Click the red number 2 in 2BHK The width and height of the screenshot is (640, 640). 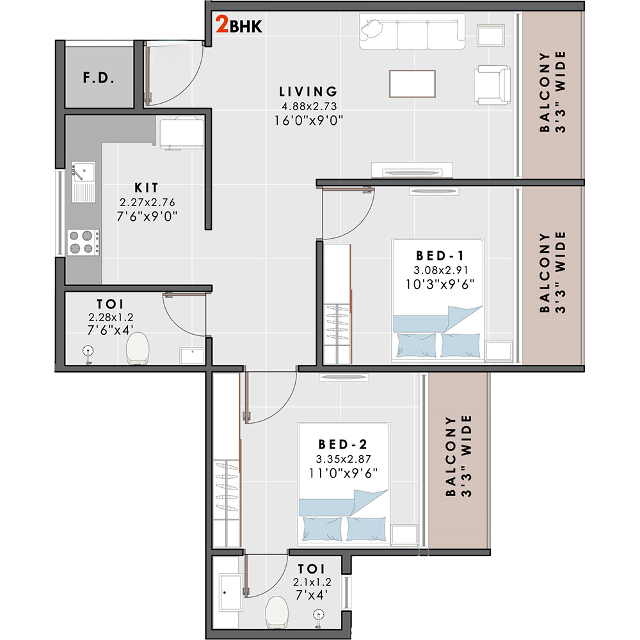click(222, 24)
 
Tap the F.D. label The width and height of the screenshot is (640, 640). click(99, 77)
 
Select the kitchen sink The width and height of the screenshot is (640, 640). click(83, 182)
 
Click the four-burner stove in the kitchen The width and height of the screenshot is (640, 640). click(83, 242)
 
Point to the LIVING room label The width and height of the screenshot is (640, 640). click(308, 92)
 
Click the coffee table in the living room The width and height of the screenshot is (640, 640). click(412, 84)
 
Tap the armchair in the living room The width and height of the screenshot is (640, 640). click(492, 85)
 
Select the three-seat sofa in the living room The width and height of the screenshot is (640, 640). click(412, 31)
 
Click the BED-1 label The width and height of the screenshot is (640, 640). click(440, 255)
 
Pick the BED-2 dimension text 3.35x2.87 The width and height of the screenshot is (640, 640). click(343, 459)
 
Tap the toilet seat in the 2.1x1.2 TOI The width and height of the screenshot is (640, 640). click(276, 612)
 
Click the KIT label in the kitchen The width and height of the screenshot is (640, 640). click(146, 188)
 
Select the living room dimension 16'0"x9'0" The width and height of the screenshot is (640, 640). click(308, 121)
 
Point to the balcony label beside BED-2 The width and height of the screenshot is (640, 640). click(458, 456)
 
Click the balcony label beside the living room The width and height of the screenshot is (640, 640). click(553, 92)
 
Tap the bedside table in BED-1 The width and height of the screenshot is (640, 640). click(499, 351)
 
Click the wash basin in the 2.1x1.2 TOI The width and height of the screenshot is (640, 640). click(231, 592)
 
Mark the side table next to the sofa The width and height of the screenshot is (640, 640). click(491, 35)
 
